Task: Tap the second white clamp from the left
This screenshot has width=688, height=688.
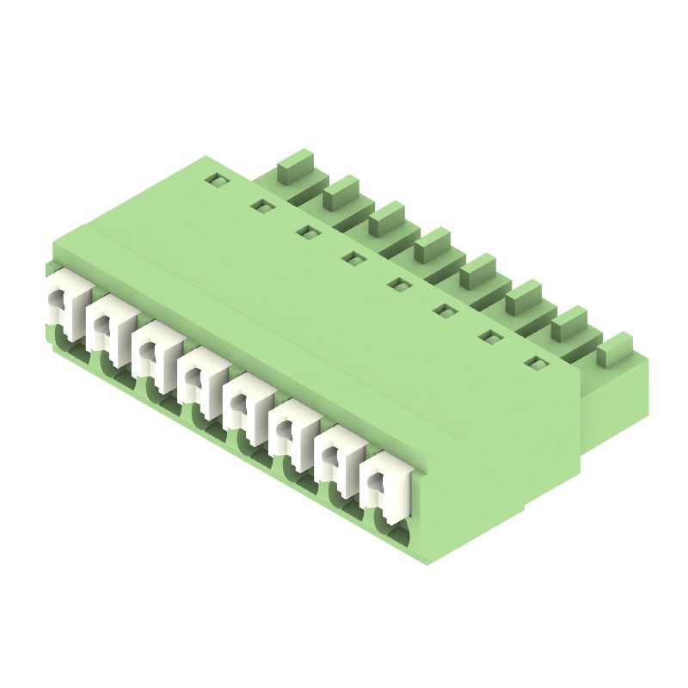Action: point(107,327)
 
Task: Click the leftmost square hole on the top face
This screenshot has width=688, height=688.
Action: point(215,181)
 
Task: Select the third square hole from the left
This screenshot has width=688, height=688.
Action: point(306,231)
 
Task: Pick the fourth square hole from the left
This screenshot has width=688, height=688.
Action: point(352,257)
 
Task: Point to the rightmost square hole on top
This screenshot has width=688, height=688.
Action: point(535,363)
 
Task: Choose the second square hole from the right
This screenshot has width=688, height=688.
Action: point(489,336)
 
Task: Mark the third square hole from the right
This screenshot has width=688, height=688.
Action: point(444,310)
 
